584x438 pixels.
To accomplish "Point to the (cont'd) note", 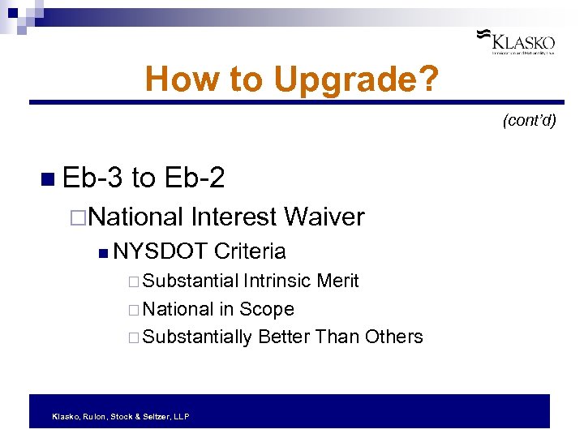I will [x=529, y=121].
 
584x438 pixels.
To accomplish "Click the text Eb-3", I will [x=91, y=178].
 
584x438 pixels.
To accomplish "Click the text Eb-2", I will [x=194, y=178].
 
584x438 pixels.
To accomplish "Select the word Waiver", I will [x=324, y=217].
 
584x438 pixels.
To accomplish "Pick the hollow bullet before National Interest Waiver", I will [x=78, y=217].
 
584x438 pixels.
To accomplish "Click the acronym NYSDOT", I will [x=161, y=251].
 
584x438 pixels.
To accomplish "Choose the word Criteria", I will [x=250, y=251].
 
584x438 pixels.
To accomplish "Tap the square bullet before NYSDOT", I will [x=101, y=252].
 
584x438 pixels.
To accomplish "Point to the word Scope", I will [x=267, y=309].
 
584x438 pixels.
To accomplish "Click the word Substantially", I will [x=197, y=337].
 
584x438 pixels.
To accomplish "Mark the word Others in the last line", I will [x=393, y=337].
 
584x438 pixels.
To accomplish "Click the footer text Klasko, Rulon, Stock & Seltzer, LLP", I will [x=120, y=416].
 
